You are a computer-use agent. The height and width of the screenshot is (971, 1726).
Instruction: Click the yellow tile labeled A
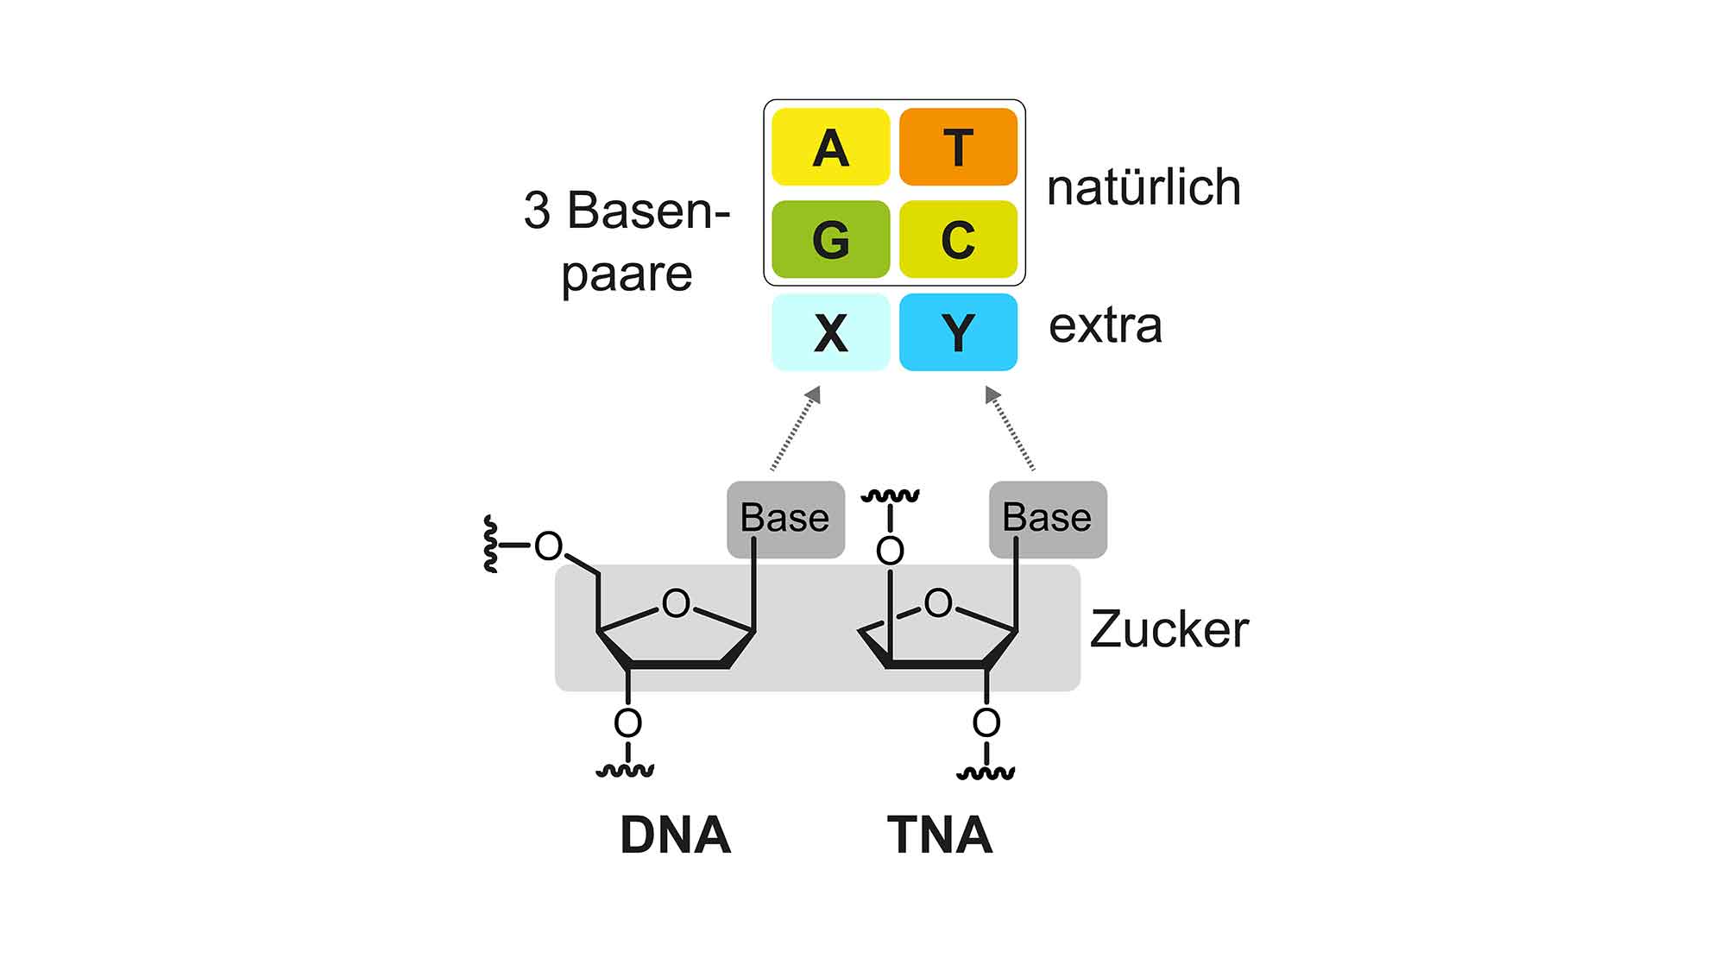(830, 147)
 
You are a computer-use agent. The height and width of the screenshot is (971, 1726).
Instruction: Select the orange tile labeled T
(958, 147)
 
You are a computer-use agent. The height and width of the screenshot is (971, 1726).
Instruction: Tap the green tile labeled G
(830, 239)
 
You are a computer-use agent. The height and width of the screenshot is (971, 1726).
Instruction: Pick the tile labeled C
(958, 239)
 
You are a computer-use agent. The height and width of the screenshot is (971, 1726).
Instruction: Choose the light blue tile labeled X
(830, 332)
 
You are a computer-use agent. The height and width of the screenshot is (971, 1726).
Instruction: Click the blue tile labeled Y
(958, 332)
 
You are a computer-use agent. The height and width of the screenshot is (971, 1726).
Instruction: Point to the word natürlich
(1143, 187)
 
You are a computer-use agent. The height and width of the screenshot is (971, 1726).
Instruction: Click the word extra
(1106, 326)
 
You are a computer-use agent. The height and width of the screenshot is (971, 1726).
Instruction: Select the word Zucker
(1169, 629)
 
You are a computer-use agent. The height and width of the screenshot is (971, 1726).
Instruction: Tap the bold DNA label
(676, 835)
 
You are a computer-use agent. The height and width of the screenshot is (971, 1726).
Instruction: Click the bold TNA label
(940, 835)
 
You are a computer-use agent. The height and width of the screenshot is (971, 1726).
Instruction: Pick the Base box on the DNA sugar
(785, 519)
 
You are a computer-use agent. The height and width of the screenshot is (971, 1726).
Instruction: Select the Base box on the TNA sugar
(1048, 519)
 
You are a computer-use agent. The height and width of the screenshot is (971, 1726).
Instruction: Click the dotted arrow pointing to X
(795, 428)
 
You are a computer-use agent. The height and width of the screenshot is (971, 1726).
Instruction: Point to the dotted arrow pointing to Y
(1010, 428)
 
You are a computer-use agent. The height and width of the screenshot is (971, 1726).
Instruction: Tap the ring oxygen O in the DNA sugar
(676, 602)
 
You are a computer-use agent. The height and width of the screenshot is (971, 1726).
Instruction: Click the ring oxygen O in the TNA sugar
(938, 602)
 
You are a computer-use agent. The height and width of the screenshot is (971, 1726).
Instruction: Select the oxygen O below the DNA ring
(627, 722)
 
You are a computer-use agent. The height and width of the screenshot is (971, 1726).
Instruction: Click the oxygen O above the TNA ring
(890, 551)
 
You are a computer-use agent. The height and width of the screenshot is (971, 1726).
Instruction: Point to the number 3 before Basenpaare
(537, 211)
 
